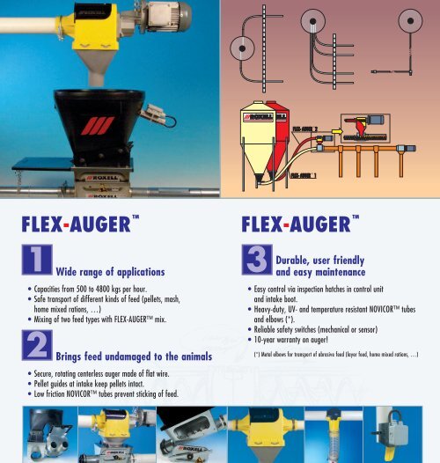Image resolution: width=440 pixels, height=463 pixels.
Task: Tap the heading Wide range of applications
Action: click(110, 274)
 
